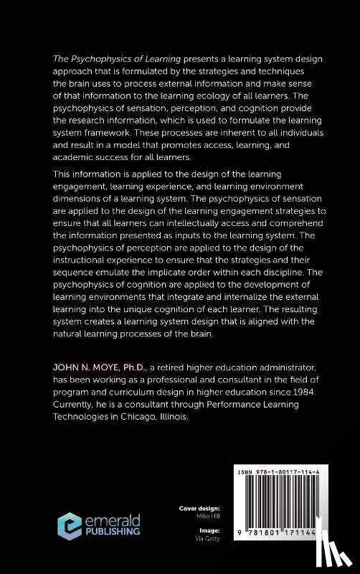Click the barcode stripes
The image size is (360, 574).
pyautogui.click(x=287, y=510)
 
